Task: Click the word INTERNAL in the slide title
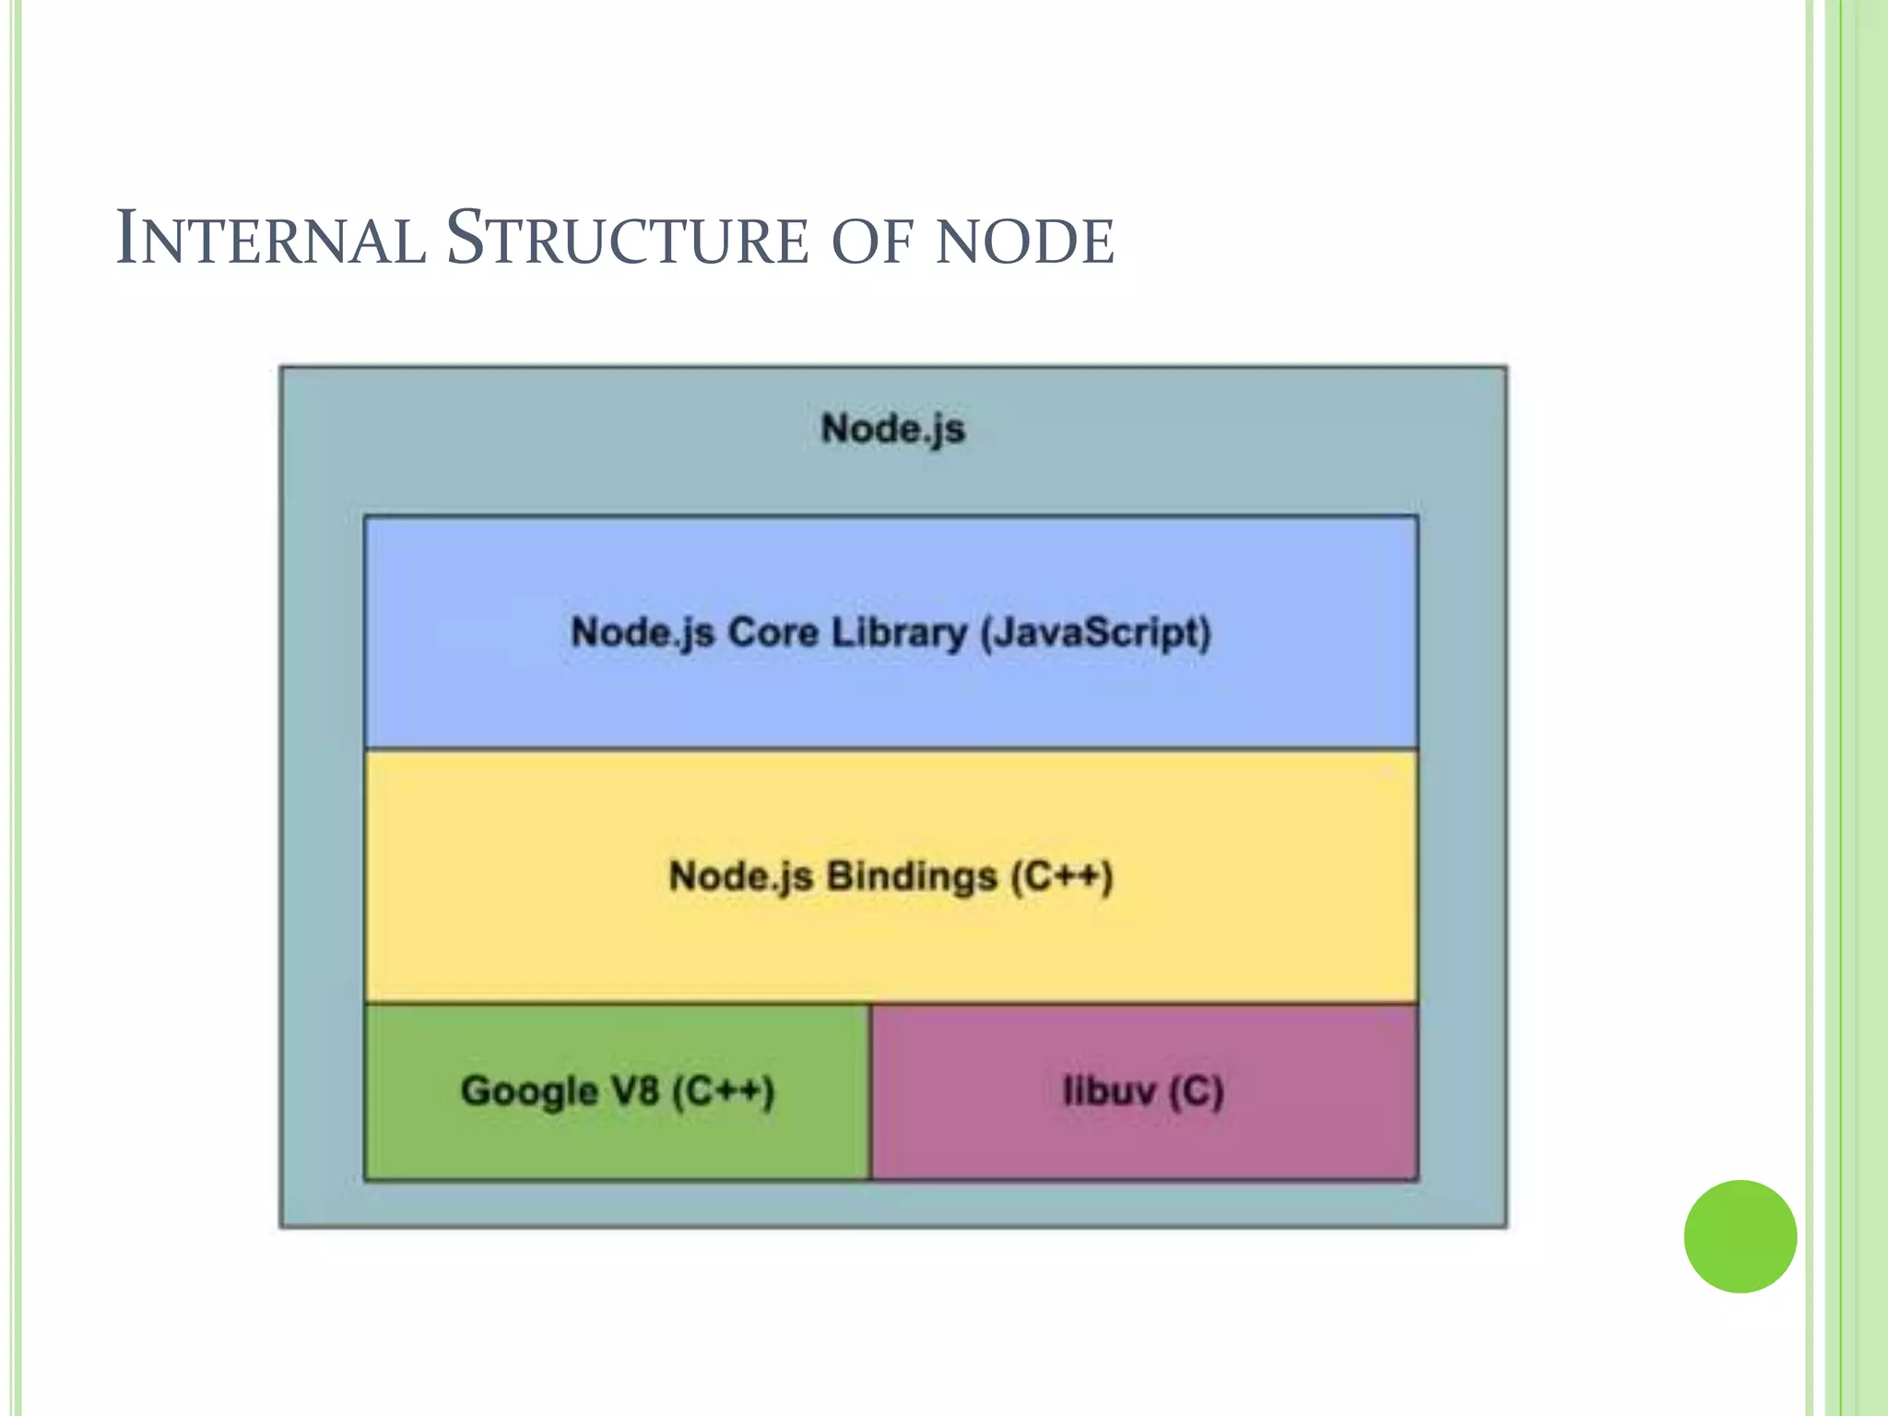pos(270,240)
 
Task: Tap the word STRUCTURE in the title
pos(627,240)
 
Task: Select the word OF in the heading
pos(871,242)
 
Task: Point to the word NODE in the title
pos(1024,242)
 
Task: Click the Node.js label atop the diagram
pos(892,430)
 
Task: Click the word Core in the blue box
pos(773,632)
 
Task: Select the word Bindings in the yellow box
pos(911,877)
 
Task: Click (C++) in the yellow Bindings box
pos(1062,877)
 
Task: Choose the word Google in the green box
pos(529,1091)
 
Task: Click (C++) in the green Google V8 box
pos(723,1091)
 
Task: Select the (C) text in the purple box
pos(1196,1092)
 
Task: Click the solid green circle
pos(1740,1236)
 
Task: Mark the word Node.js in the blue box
pos(643,633)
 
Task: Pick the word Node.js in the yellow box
pos(740,877)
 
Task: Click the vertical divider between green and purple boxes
pos(870,1091)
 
